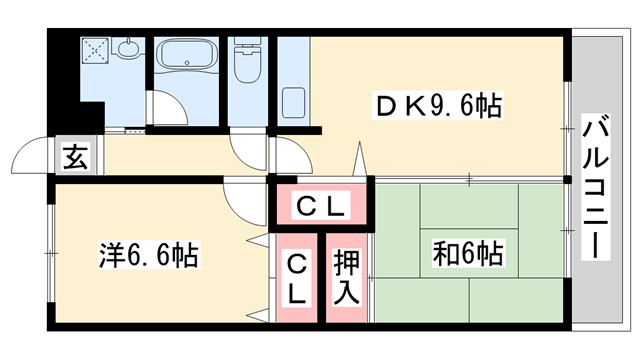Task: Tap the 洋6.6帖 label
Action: (148, 256)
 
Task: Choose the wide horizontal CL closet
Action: (321, 207)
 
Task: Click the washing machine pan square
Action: (98, 49)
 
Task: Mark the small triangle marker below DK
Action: (356, 161)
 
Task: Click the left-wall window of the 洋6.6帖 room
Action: (50, 255)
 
